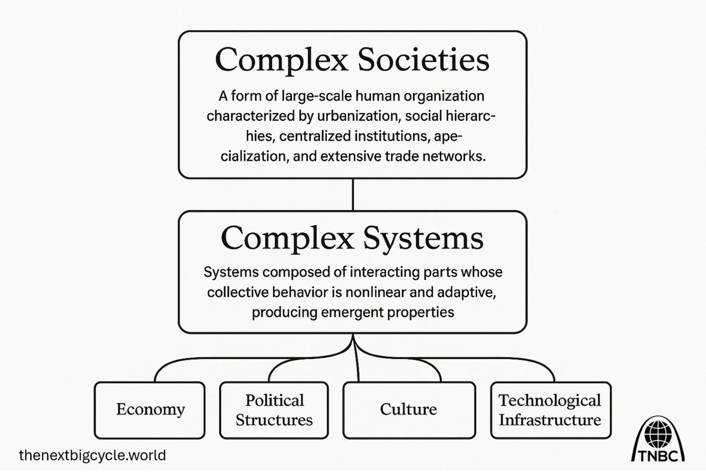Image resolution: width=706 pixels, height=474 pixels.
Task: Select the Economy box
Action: pos(150,410)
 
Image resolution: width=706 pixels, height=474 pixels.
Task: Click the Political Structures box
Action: pos(274,410)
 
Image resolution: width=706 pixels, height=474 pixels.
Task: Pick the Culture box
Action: pos(409,410)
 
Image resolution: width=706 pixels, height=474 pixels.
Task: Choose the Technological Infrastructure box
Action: pos(551,410)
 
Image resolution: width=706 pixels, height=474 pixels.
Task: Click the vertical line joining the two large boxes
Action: pos(352,195)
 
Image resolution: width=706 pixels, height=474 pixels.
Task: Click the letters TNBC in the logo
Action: pos(658,456)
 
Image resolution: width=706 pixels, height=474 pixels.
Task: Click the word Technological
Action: pos(550,401)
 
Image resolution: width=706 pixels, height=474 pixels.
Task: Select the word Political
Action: pos(274,401)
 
